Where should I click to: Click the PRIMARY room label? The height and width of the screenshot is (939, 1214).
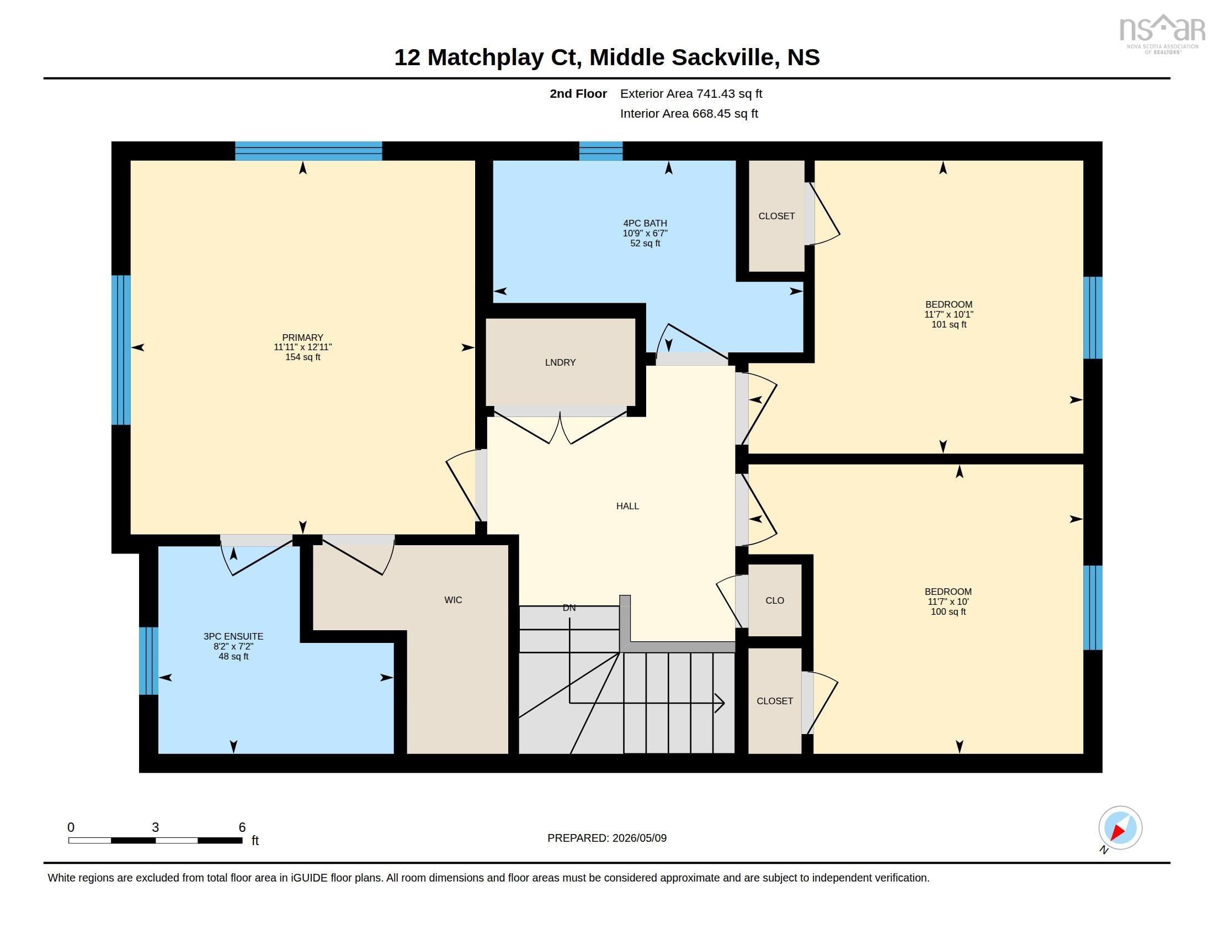click(302, 337)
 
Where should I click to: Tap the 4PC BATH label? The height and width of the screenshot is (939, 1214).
click(645, 223)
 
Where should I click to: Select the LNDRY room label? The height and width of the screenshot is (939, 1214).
click(560, 362)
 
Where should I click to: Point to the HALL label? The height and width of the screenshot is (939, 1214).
click(627, 505)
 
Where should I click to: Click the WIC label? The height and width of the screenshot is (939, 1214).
click(453, 600)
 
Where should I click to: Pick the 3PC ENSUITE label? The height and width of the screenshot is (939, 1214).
click(233, 636)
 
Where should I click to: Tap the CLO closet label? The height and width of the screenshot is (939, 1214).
click(775, 600)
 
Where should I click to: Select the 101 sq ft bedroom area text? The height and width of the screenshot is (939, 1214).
click(949, 324)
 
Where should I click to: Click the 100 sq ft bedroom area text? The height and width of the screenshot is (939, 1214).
click(948, 611)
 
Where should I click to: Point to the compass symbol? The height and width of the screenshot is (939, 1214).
click(1120, 828)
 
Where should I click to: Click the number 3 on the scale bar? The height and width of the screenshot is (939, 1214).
click(155, 827)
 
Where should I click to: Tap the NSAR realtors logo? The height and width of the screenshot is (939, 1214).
click(1161, 34)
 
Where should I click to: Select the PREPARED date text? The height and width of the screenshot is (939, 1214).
click(607, 838)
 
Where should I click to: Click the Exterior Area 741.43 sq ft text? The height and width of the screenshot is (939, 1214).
click(691, 93)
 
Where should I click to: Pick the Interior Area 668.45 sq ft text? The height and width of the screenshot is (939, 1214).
click(689, 113)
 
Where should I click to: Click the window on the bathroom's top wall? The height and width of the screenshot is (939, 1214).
click(601, 151)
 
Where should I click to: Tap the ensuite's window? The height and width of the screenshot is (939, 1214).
click(148, 661)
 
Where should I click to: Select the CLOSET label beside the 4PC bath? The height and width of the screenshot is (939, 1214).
click(776, 216)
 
